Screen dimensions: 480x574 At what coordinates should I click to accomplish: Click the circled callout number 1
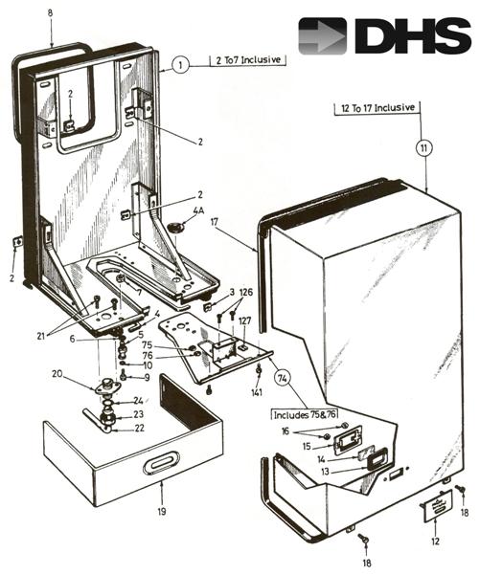(180, 65)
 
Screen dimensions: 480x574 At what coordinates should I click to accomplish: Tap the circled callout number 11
(424, 148)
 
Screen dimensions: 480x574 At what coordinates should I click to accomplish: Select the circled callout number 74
(283, 379)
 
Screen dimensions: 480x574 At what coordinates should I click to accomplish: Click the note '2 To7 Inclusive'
(248, 60)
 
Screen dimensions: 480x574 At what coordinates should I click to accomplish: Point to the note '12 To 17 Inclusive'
(377, 108)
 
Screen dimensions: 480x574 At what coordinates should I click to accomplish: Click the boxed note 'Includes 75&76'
(305, 415)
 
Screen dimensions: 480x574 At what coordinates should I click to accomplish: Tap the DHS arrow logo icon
(322, 36)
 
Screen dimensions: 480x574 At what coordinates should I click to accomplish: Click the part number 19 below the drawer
(162, 512)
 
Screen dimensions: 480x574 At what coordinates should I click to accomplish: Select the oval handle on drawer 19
(161, 464)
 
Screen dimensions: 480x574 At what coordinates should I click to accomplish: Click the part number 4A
(198, 211)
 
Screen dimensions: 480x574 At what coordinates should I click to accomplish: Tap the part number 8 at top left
(50, 13)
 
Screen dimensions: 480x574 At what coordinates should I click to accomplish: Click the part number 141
(257, 393)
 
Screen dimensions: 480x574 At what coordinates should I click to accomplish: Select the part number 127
(245, 321)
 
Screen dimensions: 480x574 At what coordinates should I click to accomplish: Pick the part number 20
(57, 374)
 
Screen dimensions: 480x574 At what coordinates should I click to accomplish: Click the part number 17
(215, 222)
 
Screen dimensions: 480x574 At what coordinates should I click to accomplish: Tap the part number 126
(246, 292)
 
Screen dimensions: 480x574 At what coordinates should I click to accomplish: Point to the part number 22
(139, 429)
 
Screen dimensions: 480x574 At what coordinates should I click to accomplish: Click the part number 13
(325, 472)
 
